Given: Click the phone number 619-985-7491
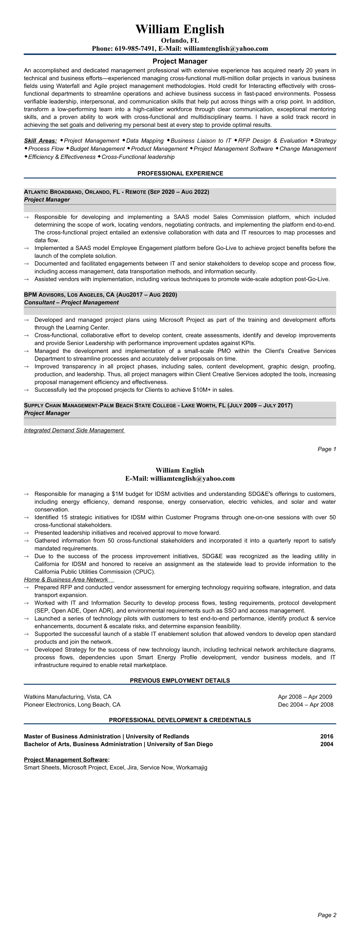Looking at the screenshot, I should [x=135, y=49].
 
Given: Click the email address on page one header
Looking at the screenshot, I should [x=226, y=49].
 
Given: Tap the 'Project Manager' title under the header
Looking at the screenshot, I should [x=180, y=61].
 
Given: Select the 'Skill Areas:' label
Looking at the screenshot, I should [x=40, y=141].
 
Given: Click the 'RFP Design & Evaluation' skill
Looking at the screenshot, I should [x=273, y=141].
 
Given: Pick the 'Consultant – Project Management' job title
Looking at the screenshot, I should [x=71, y=302].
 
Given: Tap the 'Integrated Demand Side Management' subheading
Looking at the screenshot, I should [x=74, y=430].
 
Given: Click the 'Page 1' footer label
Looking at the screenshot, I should [x=327, y=449].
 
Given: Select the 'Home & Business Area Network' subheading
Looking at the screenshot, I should [x=66, y=579].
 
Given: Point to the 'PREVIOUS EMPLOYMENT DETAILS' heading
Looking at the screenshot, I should [x=180, y=681].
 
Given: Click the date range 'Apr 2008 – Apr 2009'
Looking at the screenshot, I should [x=305, y=697].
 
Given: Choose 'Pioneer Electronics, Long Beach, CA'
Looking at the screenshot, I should [x=72, y=705].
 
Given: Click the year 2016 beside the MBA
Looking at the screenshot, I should [x=326, y=736].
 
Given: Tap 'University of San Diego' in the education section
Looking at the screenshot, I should [x=180, y=744].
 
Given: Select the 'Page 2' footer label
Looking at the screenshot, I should [x=327, y=915].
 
